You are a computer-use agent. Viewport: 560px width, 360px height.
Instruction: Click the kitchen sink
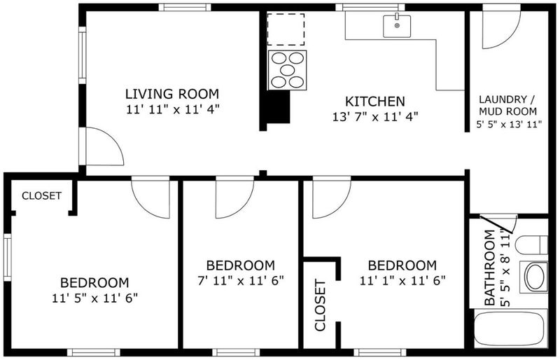[396, 26]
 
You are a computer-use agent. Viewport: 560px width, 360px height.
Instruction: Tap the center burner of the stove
[288, 70]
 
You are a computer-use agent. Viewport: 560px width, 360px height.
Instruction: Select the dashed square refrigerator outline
[286, 29]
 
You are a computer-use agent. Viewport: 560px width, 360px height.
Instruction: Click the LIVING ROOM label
[171, 94]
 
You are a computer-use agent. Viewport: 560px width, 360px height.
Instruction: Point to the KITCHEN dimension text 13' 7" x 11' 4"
[375, 117]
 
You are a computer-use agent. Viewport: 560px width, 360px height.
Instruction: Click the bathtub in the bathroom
[510, 328]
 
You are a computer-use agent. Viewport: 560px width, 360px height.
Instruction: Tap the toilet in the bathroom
[531, 245]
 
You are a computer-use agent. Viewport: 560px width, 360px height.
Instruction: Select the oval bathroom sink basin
[535, 277]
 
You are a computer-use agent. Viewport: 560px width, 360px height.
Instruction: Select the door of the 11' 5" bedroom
[150, 197]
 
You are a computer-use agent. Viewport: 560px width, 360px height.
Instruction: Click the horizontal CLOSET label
[41, 196]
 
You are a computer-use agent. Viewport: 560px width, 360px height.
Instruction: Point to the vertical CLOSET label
[321, 305]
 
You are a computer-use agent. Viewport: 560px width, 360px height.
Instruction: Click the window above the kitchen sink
[370, 7]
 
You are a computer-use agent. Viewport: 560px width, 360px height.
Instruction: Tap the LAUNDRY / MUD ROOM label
[508, 105]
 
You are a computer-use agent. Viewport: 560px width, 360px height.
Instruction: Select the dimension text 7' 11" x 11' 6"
[241, 280]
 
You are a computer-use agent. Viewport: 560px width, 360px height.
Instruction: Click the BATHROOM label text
[489, 268]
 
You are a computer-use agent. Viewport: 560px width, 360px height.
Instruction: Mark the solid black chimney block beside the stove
[276, 107]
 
